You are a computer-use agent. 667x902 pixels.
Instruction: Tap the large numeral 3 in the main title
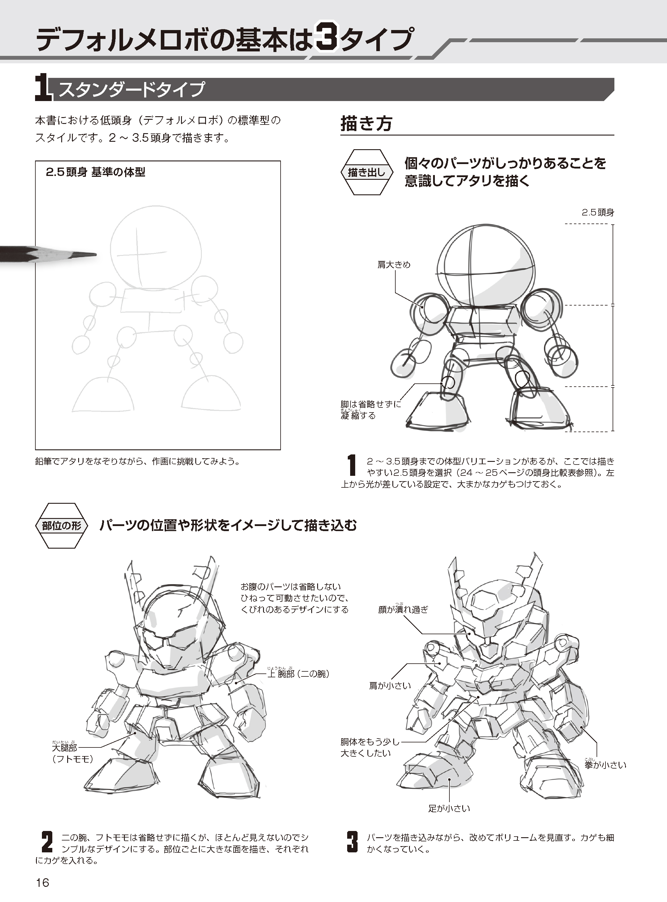click(x=327, y=38)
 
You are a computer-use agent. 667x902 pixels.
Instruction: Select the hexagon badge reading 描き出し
click(x=366, y=172)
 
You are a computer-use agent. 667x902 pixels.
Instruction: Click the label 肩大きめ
click(x=394, y=265)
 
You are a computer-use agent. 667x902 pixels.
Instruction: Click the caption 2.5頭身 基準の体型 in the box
click(x=95, y=172)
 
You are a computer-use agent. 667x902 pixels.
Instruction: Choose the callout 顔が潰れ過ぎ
click(x=403, y=609)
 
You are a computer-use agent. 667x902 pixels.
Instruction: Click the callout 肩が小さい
click(x=390, y=686)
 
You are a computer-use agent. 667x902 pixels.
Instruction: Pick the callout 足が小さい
click(x=449, y=808)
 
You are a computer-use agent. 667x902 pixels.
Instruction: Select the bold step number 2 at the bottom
click(x=47, y=841)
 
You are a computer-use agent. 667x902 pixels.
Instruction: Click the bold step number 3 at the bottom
click(x=353, y=841)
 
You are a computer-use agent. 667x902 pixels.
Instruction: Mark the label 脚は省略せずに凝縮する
click(x=371, y=410)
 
